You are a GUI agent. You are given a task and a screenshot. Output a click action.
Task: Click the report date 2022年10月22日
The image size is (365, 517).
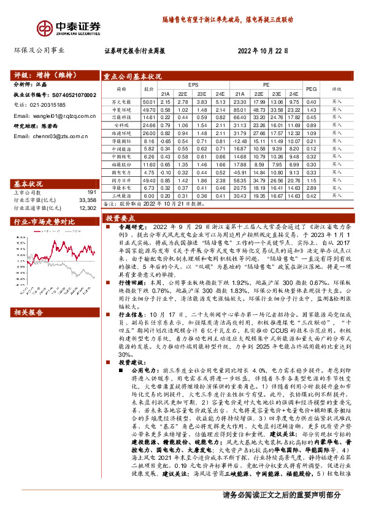coord(262,52)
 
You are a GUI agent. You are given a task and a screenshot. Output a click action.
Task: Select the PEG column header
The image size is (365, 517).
coord(312,89)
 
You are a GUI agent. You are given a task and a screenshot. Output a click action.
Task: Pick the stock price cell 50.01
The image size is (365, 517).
coord(148,101)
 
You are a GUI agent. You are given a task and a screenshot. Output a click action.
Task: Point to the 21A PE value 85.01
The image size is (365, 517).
coord(240,109)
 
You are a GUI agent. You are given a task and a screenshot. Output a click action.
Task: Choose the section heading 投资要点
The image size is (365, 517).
coord(121,218)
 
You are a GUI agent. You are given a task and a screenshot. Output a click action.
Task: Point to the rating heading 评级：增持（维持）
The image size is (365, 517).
coord(44,76)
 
